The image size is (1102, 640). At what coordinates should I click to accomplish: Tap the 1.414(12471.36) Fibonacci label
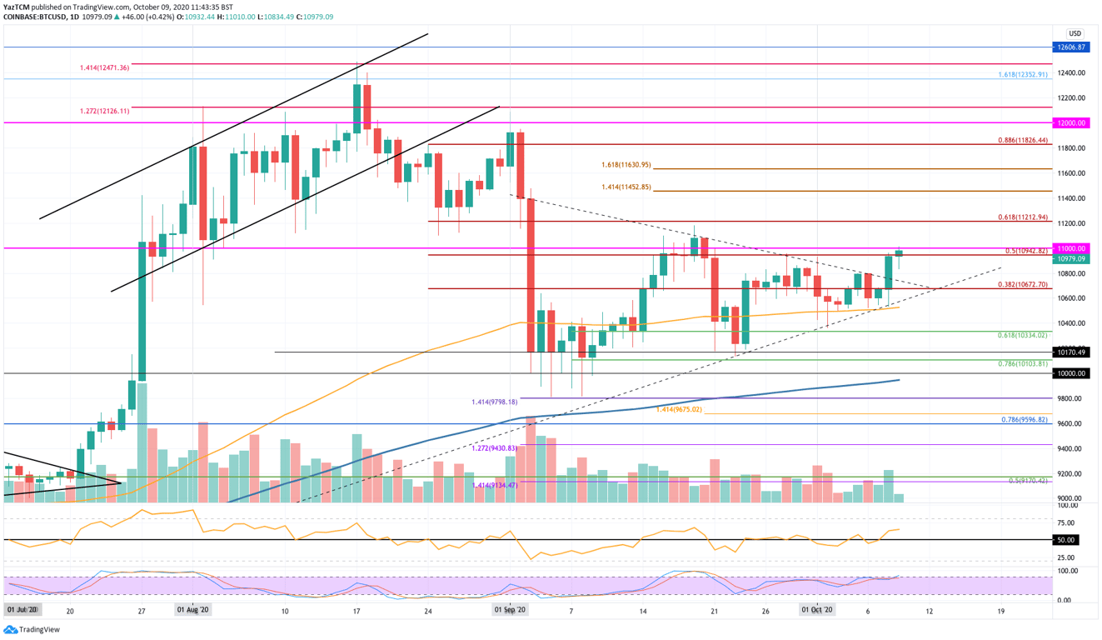(x=104, y=67)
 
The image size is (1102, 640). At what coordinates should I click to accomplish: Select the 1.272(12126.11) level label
(x=104, y=111)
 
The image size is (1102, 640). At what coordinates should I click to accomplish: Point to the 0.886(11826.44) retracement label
(x=1022, y=140)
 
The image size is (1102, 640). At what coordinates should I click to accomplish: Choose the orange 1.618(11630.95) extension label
(x=626, y=165)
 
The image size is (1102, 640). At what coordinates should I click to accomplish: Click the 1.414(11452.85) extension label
(x=626, y=187)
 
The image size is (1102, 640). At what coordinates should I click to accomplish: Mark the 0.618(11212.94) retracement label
(x=1022, y=217)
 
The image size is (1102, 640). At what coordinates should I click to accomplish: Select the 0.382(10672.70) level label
(x=1022, y=284)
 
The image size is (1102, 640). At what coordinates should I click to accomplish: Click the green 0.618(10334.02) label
(x=1022, y=335)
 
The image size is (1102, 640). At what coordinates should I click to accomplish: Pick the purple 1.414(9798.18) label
(x=494, y=402)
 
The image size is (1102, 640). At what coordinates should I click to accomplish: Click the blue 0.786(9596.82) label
(x=1024, y=420)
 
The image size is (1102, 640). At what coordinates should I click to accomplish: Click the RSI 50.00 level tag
(x=1066, y=540)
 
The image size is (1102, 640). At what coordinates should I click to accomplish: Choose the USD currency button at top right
(x=1075, y=34)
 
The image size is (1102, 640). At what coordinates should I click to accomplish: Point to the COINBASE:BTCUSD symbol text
(x=38, y=17)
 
